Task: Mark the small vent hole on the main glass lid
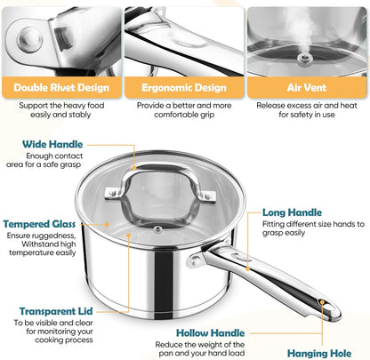157,228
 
